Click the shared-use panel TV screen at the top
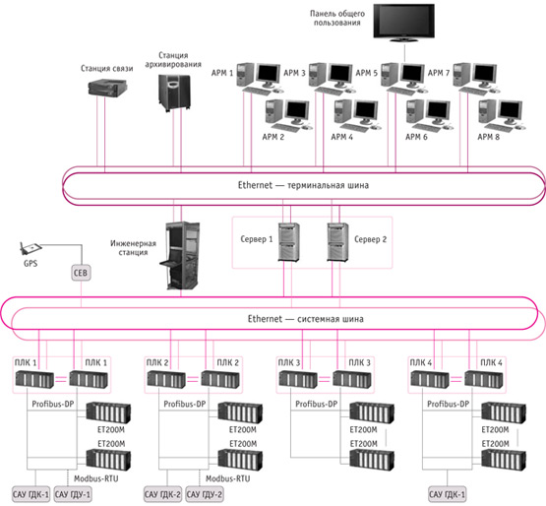click(403, 21)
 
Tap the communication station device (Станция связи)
click(107, 87)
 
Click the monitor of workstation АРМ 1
click(269, 75)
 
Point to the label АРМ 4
click(341, 137)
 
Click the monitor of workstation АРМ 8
click(511, 111)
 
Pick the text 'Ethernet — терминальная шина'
click(303, 185)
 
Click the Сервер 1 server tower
click(288, 242)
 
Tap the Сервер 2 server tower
click(337, 242)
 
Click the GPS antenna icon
click(30, 248)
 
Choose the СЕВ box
click(81, 273)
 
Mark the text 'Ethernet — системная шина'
click(305, 319)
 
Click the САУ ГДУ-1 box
click(73, 494)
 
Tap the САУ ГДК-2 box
click(162, 494)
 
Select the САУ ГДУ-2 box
click(205, 494)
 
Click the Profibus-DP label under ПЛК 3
click(316, 405)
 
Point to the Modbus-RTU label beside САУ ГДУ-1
click(96, 478)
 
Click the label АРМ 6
click(416, 137)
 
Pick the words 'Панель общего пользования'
click(337, 18)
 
